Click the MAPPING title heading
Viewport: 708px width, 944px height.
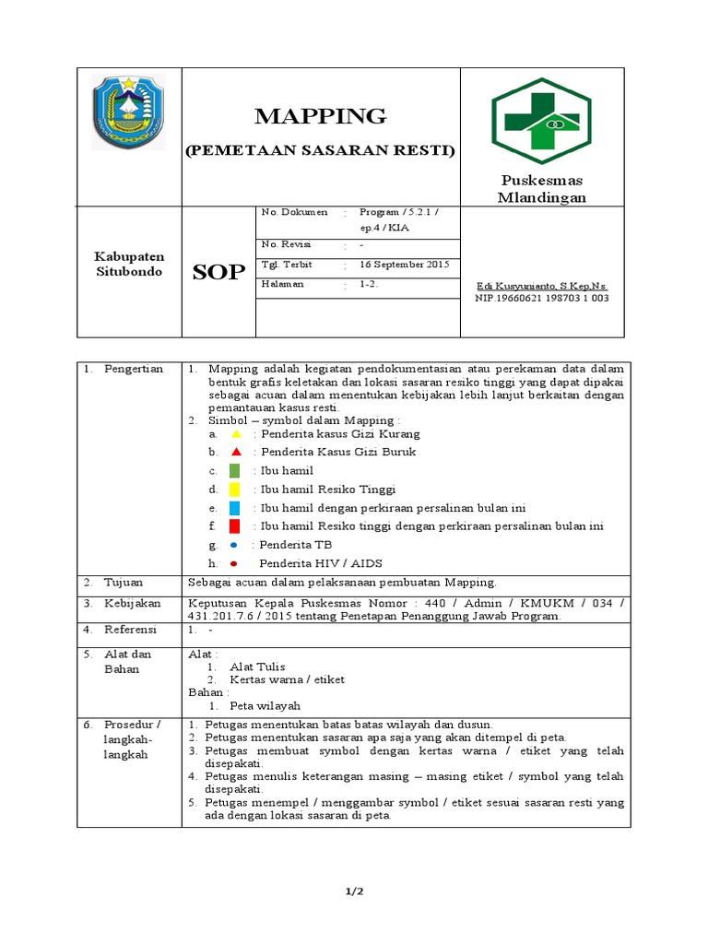320,116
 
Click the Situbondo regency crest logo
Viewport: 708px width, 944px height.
129,112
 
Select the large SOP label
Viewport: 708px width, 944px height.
218,272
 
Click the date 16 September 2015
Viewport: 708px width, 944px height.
404,265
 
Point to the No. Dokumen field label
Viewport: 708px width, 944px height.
294,212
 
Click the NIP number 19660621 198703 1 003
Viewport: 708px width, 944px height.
542,298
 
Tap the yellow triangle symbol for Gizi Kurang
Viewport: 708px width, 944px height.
236,433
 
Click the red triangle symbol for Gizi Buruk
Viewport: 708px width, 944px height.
236,452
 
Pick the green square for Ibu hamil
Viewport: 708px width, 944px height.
235,471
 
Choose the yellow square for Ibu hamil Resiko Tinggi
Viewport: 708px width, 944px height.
235,490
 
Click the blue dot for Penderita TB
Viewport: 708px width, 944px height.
233,545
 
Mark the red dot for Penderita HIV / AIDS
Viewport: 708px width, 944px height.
234,563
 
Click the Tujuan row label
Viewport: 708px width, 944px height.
123,583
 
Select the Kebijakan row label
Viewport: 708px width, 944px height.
132,604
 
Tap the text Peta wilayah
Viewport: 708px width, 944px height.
265,705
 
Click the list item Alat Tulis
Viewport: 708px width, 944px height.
260,667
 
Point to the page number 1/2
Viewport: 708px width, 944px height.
353,891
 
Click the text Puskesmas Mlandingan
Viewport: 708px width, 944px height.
541,188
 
